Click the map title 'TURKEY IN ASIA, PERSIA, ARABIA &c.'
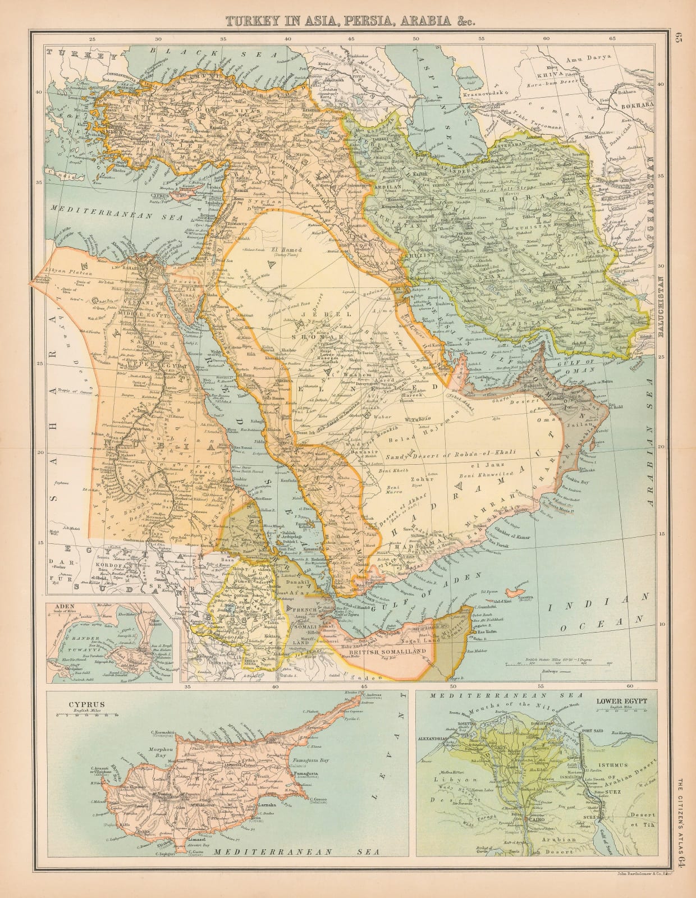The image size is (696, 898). (347, 21)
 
